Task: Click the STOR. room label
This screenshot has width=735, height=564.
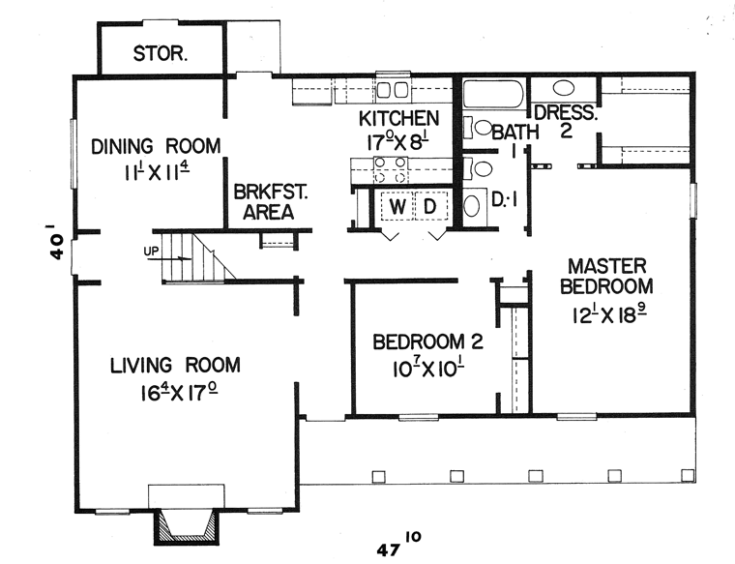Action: tap(161, 53)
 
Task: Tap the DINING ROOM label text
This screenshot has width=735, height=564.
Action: tap(156, 146)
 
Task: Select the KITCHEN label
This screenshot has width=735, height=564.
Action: tap(398, 119)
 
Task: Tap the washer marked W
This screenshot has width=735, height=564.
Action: tap(397, 206)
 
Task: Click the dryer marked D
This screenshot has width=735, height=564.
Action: tap(430, 206)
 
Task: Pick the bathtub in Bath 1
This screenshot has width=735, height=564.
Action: tap(493, 94)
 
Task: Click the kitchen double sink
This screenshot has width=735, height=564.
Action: tap(394, 90)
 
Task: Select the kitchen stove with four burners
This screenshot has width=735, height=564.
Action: tap(391, 170)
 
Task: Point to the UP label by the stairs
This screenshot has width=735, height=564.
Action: tap(151, 251)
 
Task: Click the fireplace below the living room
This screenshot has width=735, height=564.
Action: tap(187, 526)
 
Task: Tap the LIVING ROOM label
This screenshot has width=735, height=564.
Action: tap(175, 366)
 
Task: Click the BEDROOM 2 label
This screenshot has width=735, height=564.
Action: tap(427, 341)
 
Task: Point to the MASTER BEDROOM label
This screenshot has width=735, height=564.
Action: tap(606, 276)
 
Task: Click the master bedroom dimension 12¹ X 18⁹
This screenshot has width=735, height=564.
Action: tap(609, 315)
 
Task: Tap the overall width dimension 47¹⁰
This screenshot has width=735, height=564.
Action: tap(398, 544)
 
